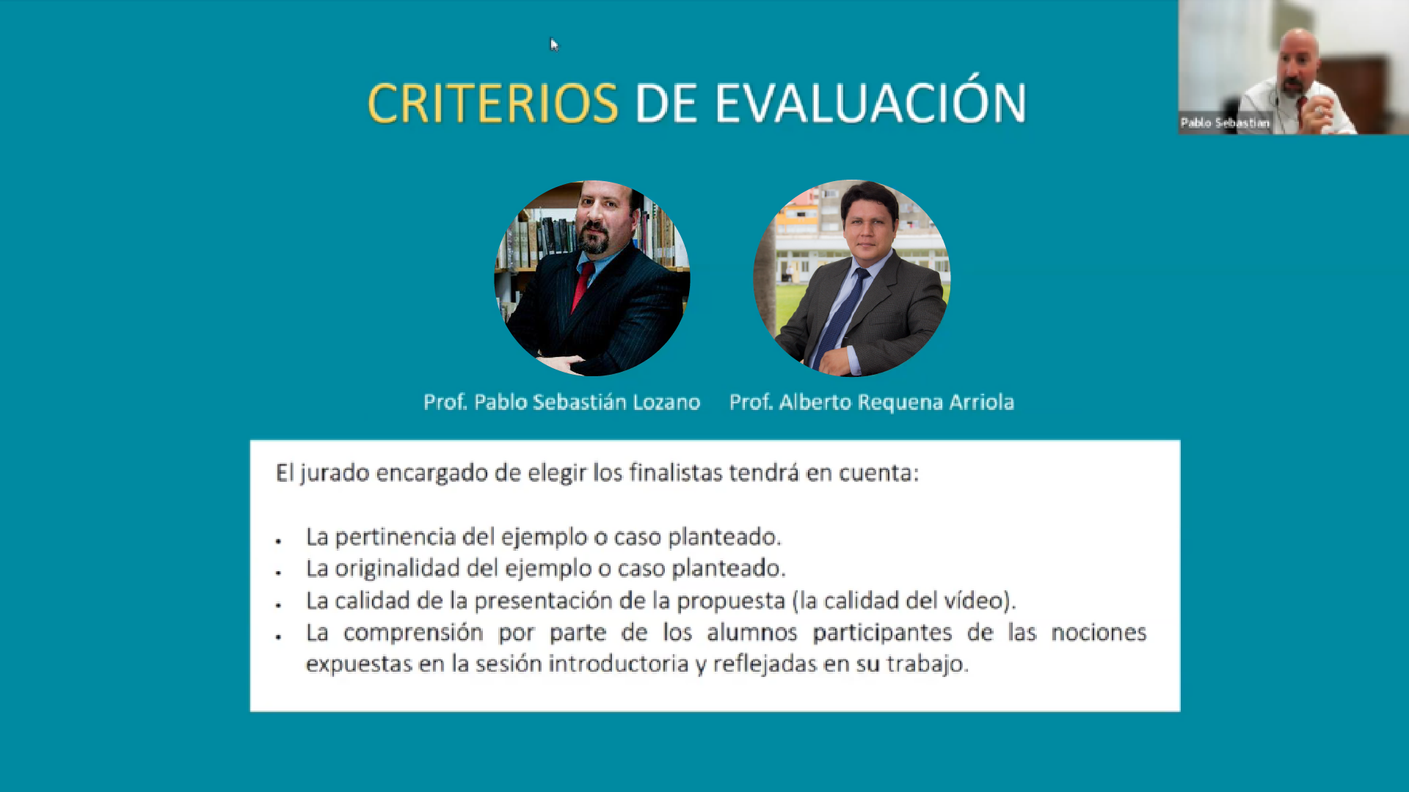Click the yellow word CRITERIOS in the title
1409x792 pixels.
pyautogui.click(x=492, y=103)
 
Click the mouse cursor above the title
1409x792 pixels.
pyautogui.click(x=554, y=45)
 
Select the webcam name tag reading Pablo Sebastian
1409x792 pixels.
pyautogui.click(x=1225, y=122)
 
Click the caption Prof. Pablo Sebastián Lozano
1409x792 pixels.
pyautogui.click(x=562, y=402)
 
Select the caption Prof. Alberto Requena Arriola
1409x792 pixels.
pyautogui.click(x=872, y=402)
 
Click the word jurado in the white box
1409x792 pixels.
pyautogui.click(x=334, y=474)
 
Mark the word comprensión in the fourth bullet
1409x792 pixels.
pyautogui.click(x=413, y=633)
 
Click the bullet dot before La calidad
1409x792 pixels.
pyautogui.click(x=279, y=605)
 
